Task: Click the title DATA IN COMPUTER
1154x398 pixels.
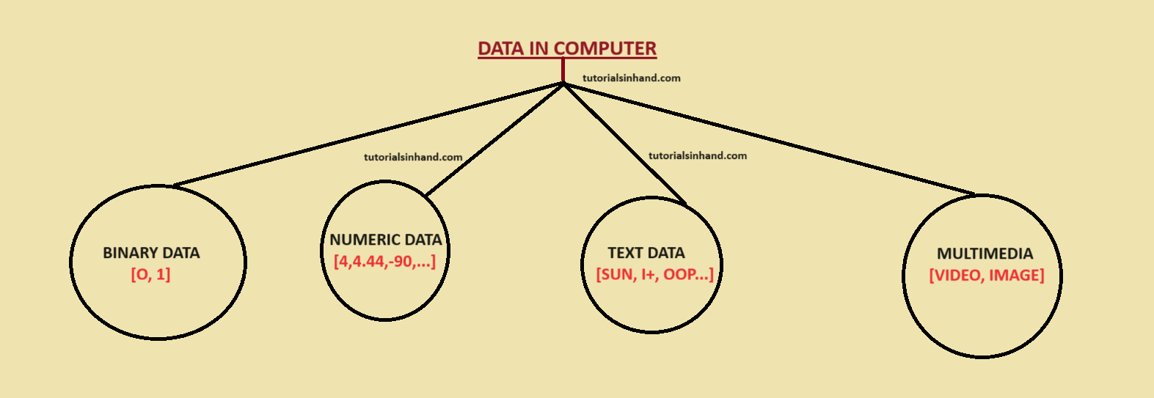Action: (x=567, y=48)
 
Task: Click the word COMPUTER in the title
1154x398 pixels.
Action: (x=605, y=48)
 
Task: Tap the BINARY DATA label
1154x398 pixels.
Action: (x=151, y=253)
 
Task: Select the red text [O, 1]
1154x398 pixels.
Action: (x=150, y=275)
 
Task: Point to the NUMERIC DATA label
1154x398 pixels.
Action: (x=386, y=240)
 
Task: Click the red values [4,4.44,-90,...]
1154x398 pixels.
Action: (x=384, y=261)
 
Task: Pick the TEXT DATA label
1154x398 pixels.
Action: (x=646, y=253)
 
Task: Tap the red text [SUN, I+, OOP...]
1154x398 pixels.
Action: (x=654, y=275)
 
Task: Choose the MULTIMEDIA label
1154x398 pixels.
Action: (x=985, y=254)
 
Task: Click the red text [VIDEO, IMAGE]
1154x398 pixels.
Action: (x=986, y=276)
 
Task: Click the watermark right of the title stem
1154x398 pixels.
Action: (x=632, y=78)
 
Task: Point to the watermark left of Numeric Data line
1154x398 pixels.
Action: (x=413, y=157)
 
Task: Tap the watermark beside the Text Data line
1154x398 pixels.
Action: (x=698, y=155)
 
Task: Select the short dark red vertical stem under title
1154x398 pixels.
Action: (x=563, y=70)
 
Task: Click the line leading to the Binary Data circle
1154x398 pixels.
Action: (x=367, y=134)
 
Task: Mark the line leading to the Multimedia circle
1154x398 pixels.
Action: (x=770, y=139)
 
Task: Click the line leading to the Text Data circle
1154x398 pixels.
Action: (x=624, y=143)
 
